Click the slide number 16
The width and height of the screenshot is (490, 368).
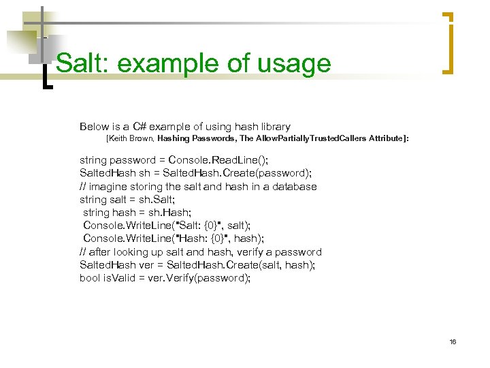pyautogui.click(x=453, y=341)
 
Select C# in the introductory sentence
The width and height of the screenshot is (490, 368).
pyautogui.click(x=140, y=127)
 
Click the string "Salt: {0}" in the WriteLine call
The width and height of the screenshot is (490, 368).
pyautogui.click(x=201, y=225)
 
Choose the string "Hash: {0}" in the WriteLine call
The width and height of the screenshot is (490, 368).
pyautogui.click(x=203, y=239)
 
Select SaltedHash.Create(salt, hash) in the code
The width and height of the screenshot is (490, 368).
pyautogui.click(x=242, y=265)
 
